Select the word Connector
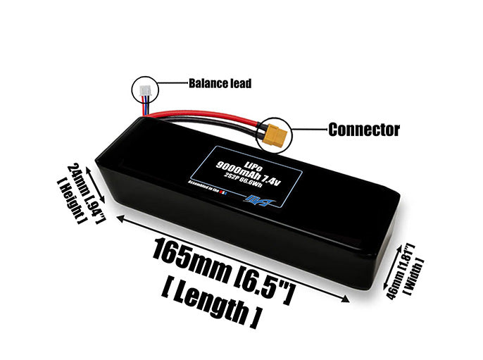(x=363, y=130)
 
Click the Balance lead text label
(x=220, y=83)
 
